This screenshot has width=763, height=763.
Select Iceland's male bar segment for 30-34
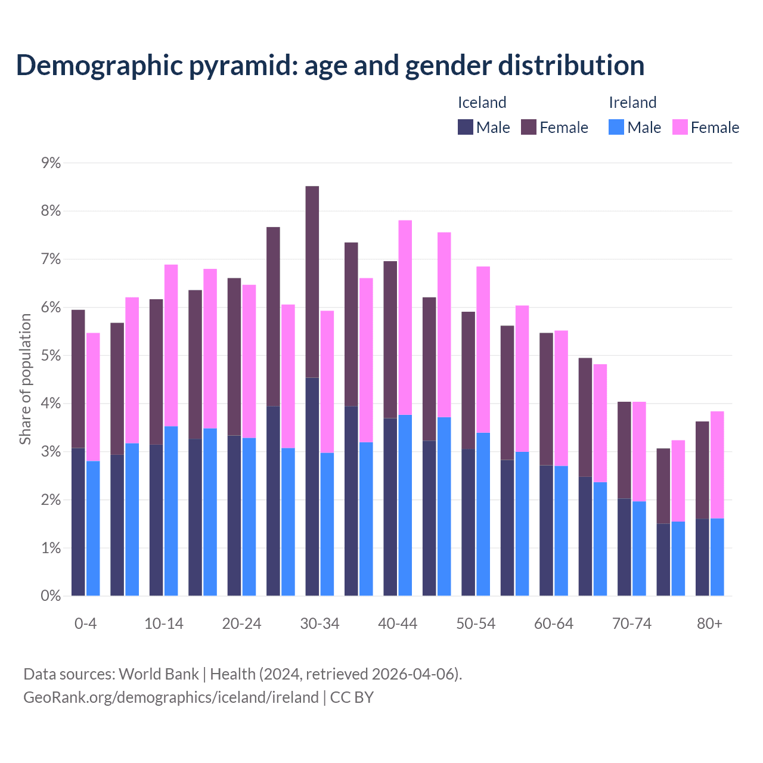tap(312, 486)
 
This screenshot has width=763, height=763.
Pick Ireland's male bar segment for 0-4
tap(93, 528)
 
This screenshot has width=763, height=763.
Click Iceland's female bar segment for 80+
tap(702, 470)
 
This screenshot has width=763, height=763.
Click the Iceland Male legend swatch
tap(466, 127)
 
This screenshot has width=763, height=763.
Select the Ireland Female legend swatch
tap(680, 127)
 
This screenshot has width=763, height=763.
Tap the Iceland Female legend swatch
tap(529, 127)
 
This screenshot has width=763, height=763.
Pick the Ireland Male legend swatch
tap(616, 127)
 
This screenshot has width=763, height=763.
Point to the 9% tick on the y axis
tap(51, 163)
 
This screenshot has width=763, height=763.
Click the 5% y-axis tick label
tap(51, 356)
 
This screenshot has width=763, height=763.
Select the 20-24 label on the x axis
tap(241, 624)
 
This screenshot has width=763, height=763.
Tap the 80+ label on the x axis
tap(709, 624)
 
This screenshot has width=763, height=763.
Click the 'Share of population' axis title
tap(26, 379)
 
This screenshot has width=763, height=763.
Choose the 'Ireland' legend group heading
tap(632, 103)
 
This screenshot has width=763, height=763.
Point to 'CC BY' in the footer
tap(352, 697)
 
